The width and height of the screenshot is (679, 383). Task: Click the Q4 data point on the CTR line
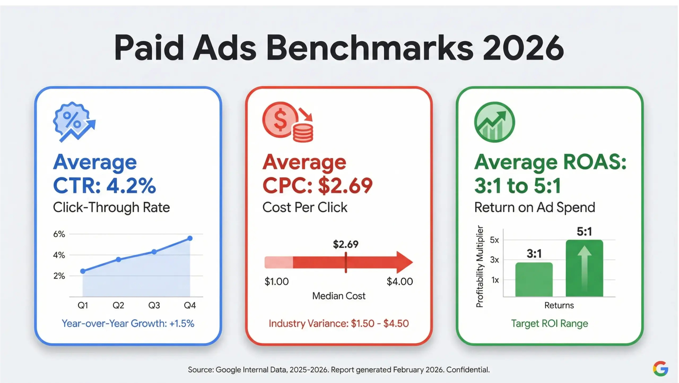(x=190, y=238)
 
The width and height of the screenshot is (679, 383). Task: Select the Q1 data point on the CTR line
(x=83, y=271)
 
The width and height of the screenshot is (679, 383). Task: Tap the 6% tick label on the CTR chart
(x=59, y=234)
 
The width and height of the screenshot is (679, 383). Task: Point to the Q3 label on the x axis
(x=154, y=305)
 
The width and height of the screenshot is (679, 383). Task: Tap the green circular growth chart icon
(x=494, y=122)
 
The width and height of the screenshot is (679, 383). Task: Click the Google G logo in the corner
(x=660, y=368)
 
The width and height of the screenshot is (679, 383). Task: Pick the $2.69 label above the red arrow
(x=346, y=244)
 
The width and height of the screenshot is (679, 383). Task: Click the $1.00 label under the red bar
(x=277, y=282)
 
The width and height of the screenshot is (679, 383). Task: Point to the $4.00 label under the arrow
(x=400, y=282)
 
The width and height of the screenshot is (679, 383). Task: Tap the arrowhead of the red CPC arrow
(x=404, y=262)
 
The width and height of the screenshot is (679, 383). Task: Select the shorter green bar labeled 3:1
(x=534, y=279)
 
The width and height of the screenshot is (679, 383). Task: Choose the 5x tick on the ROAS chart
(x=494, y=240)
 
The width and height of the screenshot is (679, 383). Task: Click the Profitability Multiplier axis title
(x=480, y=266)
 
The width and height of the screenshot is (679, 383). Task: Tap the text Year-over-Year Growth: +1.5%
(x=128, y=324)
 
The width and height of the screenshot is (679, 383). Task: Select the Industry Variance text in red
(x=339, y=324)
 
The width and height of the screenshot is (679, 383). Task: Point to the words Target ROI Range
(x=550, y=324)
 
